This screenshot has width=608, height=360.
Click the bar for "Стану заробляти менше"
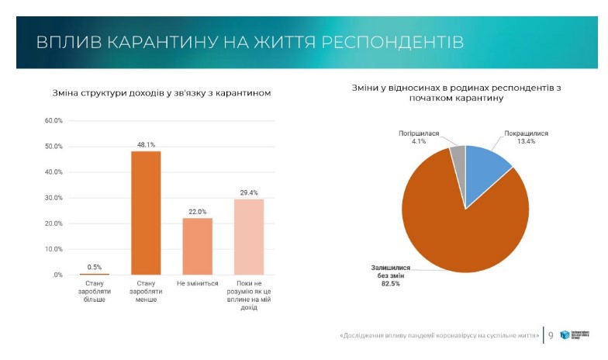[x=146, y=213]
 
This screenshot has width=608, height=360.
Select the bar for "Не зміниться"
[x=197, y=246]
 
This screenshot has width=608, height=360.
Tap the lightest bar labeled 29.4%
[x=249, y=237]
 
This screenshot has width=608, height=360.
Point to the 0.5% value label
[x=95, y=267]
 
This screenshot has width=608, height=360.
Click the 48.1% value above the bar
[x=146, y=144]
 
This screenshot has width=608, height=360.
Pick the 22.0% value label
[x=197, y=211]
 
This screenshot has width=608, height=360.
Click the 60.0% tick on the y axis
[x=53, y=121]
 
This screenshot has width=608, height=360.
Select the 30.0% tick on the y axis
[x=53, y=198]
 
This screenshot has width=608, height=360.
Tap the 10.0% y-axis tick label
[x=53, y=249]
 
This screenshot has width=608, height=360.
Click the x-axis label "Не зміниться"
[x=197, y=284]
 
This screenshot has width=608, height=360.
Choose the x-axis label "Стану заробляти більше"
[x=95, y=292]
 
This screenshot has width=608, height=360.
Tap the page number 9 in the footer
[x=551, y=336]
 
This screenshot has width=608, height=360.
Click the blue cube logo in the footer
[x=565, y=336]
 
